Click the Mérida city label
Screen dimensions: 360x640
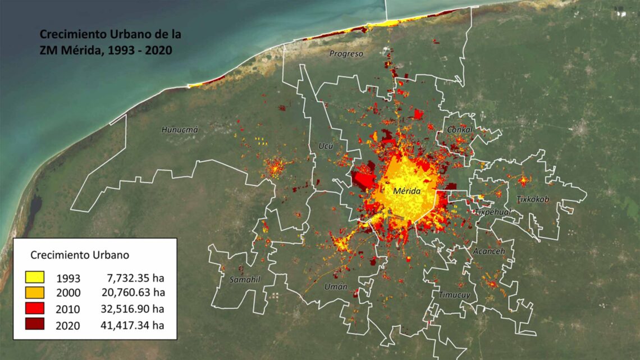click(x=408, y=191)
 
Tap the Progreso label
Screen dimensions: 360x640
click(x=346, y=54)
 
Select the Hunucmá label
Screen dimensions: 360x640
click(x=180, y=130)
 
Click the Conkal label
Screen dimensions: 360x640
click(x=460, y=130)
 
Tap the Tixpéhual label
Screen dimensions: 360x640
click(x=492, y=212)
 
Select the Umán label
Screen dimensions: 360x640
click(x=336, y=287)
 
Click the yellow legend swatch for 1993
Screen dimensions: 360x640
click(x=35, y=277)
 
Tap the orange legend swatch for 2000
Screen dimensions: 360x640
click(x=35, y=293)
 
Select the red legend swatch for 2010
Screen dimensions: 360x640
click(x=35, y=308)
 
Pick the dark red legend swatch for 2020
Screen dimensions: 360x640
click(x=35, y=324)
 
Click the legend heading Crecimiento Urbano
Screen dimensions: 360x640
click(x=80, y=254)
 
